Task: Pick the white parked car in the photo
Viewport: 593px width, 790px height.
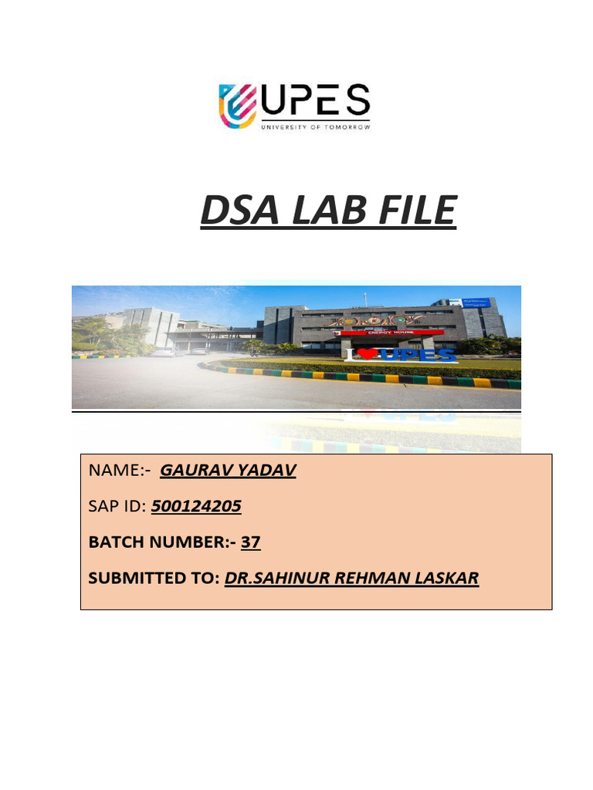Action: pyautogui.click(x=164, y=351)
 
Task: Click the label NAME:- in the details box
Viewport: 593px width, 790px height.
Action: pyautogui.click(x=120, y=471)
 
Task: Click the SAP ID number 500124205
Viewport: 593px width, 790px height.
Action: pyautogui.click(x=196, y=506)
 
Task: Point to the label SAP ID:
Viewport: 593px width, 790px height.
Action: pyautogui.click(x=117, y=507)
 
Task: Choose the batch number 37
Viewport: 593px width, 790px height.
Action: pyautogui.click(x=251, y=542)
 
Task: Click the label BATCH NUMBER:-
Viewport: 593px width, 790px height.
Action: pyautogui.click(x=162, y=542)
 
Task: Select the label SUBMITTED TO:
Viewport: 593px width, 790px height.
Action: pyautogui.click(x=154, y=579)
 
